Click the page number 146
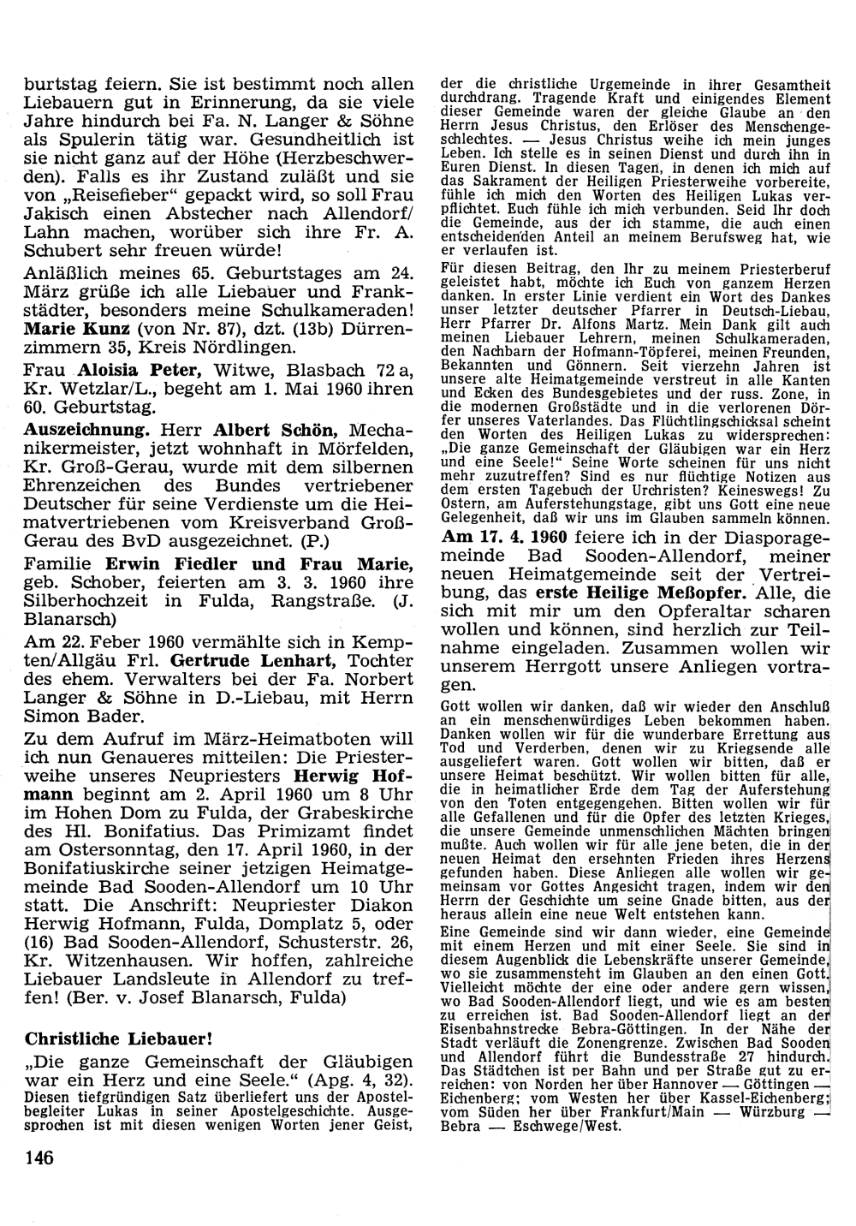[39, 1159]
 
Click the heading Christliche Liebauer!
[118, 1039]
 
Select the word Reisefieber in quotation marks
[105, 196]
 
